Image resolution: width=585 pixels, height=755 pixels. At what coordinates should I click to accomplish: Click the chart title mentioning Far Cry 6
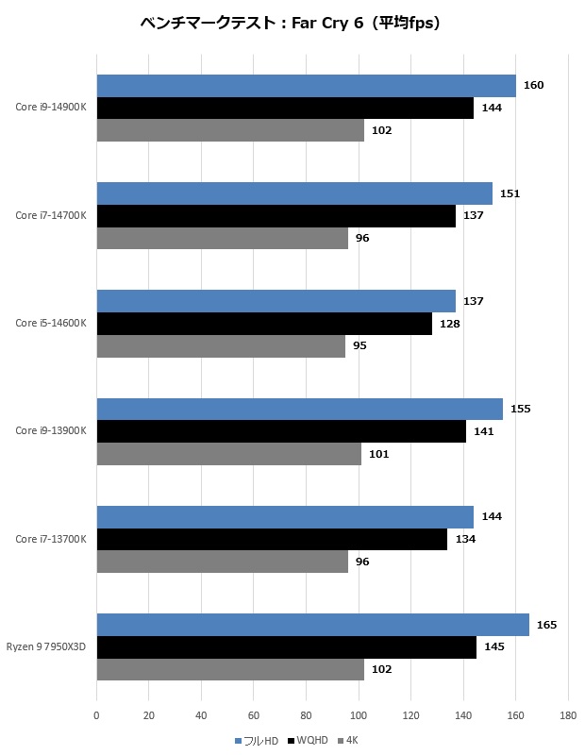[291, 24]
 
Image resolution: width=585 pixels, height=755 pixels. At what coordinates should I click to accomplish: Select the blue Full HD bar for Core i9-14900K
[306, 86]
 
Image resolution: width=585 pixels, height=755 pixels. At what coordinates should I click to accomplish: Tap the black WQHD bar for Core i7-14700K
[276, 216]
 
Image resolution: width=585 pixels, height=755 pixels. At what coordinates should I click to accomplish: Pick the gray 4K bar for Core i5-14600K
[221, 346]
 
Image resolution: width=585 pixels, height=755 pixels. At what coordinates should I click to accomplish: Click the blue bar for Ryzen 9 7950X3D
[312, 625]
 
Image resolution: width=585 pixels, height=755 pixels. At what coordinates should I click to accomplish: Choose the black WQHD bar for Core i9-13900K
[281, 431]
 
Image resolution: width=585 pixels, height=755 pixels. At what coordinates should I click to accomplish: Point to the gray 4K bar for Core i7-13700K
[222, 562]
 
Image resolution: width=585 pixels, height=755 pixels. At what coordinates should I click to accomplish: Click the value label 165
[546, 625]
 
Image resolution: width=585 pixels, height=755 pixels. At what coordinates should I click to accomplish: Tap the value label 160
[533, 86]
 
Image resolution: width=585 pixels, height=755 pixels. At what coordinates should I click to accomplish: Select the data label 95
[359, 346]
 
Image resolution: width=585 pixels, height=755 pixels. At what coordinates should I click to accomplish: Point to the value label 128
[449, 324]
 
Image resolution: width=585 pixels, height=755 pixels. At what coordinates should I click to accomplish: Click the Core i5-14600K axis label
[50, 324]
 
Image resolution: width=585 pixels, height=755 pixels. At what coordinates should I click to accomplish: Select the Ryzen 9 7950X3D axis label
[46, 647]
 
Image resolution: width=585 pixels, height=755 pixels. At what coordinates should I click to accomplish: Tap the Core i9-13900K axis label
[50, 431]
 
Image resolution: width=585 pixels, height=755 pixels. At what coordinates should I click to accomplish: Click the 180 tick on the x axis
[567, 716]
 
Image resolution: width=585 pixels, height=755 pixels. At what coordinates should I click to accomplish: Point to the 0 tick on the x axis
[96, 716]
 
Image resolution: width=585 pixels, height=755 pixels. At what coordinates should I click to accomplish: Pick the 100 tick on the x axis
[358, 716]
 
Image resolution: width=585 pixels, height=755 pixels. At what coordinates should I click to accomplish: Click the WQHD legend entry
[310, 741]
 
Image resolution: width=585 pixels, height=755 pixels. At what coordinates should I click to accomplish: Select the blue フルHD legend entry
[259, 741]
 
